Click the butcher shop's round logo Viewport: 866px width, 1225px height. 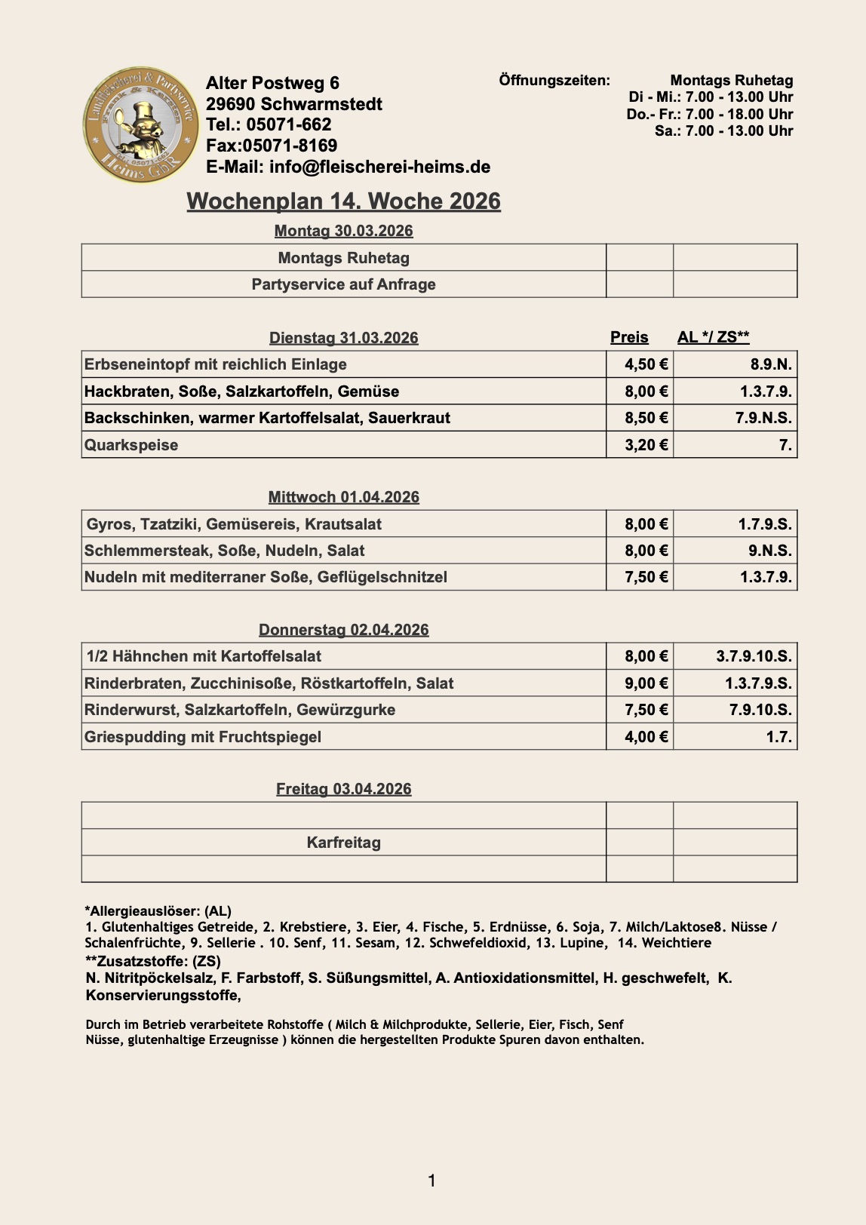(142, 125)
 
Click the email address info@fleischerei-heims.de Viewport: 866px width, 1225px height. (348, 167)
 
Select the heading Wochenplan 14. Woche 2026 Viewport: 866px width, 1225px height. (343, 201)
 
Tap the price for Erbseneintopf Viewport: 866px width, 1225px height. (646, 364)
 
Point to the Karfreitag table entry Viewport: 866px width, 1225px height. (343, 843)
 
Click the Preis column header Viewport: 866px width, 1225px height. (629, 337)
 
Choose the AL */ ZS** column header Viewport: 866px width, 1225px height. (713, 337)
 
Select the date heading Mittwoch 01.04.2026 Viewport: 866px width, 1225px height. (343, 497)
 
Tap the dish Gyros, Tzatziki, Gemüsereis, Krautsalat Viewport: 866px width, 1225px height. (234, 524)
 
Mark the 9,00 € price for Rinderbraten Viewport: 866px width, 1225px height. (646, 683)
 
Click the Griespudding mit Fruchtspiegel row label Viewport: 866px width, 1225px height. (203, 737)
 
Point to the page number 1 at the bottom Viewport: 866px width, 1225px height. (432, 1180)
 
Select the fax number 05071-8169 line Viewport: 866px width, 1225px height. (272, 146)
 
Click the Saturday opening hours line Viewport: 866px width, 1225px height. (723, 131)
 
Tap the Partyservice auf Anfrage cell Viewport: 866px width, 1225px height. (343, 284)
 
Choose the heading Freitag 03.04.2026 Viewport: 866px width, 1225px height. (343, 789)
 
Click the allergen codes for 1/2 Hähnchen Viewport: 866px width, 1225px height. (754, 656)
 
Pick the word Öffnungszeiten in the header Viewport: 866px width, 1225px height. (554, 80)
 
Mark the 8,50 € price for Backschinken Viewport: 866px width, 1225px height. (646, 418)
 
